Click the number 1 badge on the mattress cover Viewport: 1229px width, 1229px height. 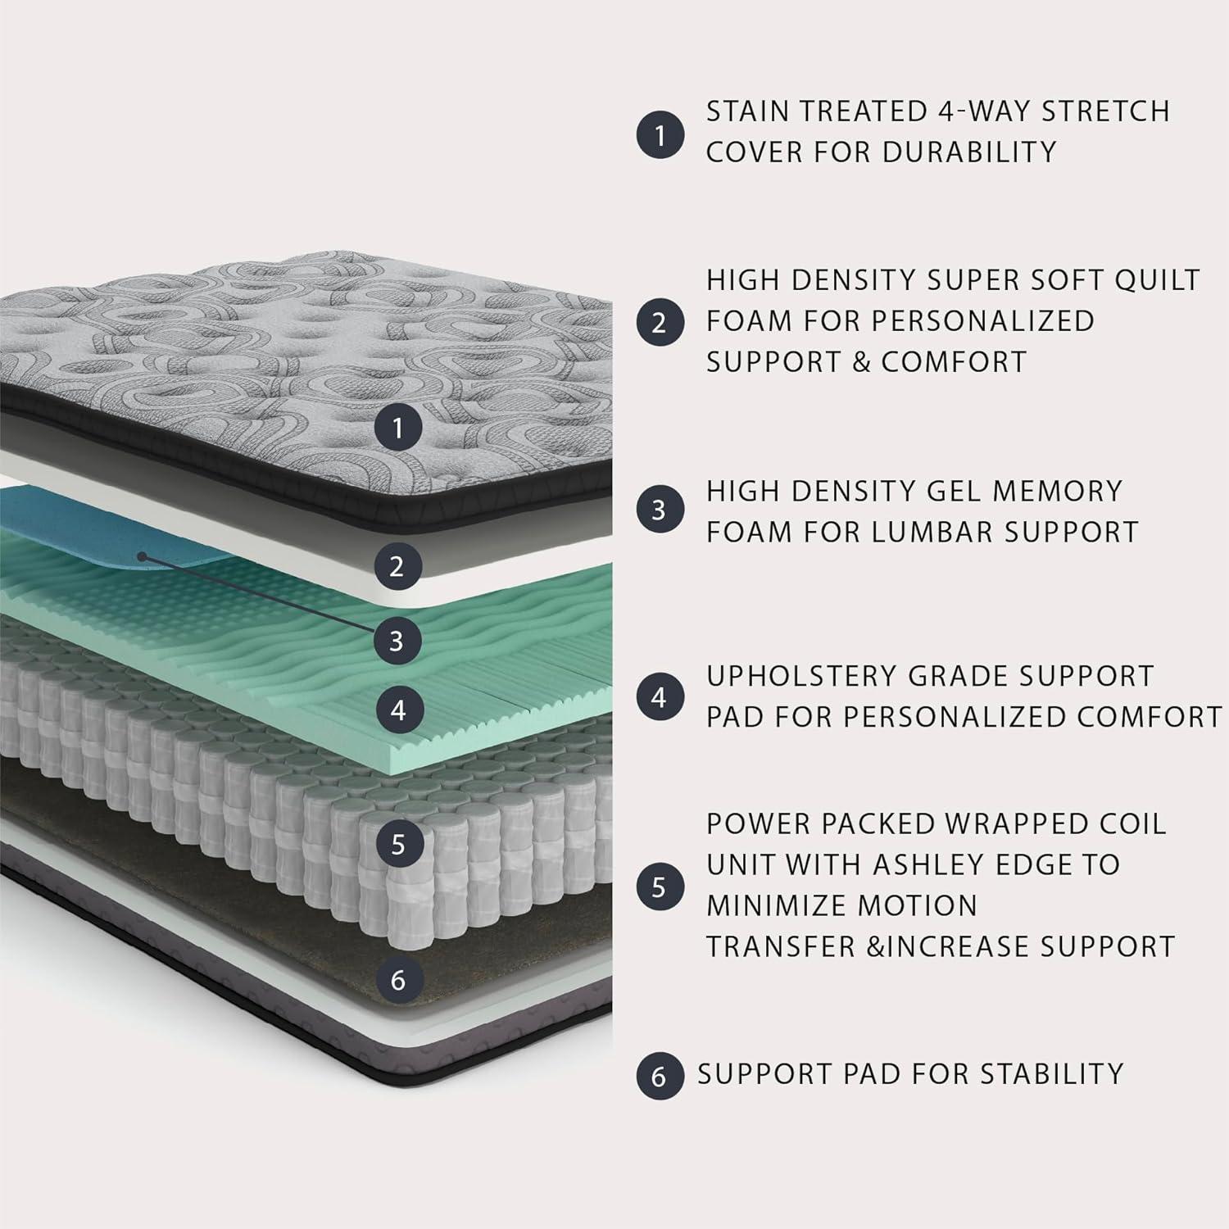click(398, 428)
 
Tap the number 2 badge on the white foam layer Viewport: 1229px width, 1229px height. click(397, 566)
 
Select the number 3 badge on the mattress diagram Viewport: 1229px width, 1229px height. click(397, 640)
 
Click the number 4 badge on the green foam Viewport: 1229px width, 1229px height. click(398, 710)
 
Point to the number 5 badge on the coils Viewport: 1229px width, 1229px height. click(398, 844)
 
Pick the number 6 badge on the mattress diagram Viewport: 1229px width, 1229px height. click(398, 980)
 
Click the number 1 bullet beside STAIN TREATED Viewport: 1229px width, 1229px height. click(660, 134)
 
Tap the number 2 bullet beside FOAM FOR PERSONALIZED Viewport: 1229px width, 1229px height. click(660, 322)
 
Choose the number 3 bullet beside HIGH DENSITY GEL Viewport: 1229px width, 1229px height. click(660, 510)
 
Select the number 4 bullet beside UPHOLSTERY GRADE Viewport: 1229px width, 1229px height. click(660, 698)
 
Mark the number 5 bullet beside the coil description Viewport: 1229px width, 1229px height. click(660, 887)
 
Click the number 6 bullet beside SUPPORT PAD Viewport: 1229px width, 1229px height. click(660, 1075)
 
